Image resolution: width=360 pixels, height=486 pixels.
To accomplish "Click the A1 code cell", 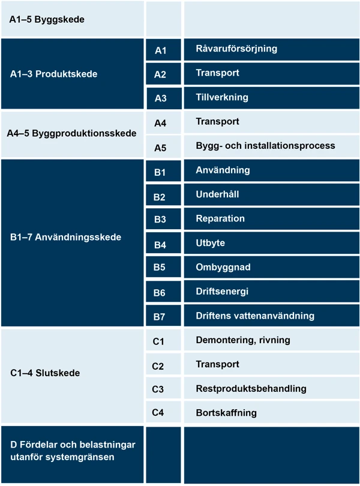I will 160,50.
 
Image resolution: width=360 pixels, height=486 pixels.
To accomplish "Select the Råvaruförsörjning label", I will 236,49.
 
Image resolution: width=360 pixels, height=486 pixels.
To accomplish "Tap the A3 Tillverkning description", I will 221,97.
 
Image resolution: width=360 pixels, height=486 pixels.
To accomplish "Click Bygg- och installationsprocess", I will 265,146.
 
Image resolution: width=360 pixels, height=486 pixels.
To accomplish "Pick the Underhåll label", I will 217,195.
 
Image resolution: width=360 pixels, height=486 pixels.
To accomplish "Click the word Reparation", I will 220,219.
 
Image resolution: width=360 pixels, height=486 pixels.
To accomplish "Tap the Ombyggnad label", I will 223,268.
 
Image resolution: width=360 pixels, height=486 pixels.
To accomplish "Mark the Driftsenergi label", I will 222,292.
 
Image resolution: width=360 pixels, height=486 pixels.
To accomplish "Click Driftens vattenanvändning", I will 255,316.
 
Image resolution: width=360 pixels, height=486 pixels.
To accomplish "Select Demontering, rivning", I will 243,340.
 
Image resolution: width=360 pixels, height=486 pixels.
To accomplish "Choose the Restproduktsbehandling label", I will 251,389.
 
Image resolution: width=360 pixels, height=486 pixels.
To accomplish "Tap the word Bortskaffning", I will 226,413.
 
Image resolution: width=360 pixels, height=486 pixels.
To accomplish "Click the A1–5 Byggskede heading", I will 47,19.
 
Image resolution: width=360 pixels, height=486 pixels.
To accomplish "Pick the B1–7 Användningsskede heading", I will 66,238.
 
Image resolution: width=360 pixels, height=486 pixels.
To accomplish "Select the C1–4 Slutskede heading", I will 45,373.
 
